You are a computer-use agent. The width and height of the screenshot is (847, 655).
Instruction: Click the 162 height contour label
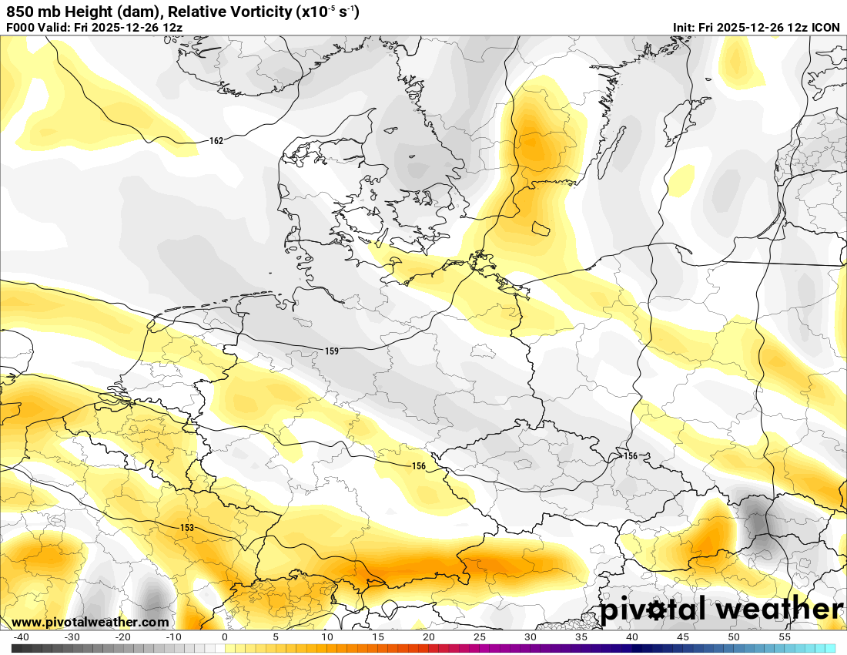216,141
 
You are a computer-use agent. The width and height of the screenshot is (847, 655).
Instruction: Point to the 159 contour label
332,351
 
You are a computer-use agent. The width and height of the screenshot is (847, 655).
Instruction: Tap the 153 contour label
187,528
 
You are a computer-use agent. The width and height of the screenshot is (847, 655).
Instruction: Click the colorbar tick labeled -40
21,637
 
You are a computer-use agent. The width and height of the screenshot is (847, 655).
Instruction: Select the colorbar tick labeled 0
225,637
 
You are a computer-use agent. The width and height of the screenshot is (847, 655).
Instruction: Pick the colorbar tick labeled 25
480,637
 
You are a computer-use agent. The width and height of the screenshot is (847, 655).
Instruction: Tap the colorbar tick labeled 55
785,637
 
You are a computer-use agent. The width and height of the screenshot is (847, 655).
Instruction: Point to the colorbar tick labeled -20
122,637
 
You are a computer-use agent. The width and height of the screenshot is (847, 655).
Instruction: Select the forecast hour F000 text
20,28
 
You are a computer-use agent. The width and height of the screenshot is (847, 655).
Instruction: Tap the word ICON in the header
825,28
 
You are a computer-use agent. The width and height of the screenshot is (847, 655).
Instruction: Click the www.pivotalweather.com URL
90,622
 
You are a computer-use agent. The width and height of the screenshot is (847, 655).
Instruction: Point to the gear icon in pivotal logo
656,611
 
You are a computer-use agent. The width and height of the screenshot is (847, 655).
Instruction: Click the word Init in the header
684,28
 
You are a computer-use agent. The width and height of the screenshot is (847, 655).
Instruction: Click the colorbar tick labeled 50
734,637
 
